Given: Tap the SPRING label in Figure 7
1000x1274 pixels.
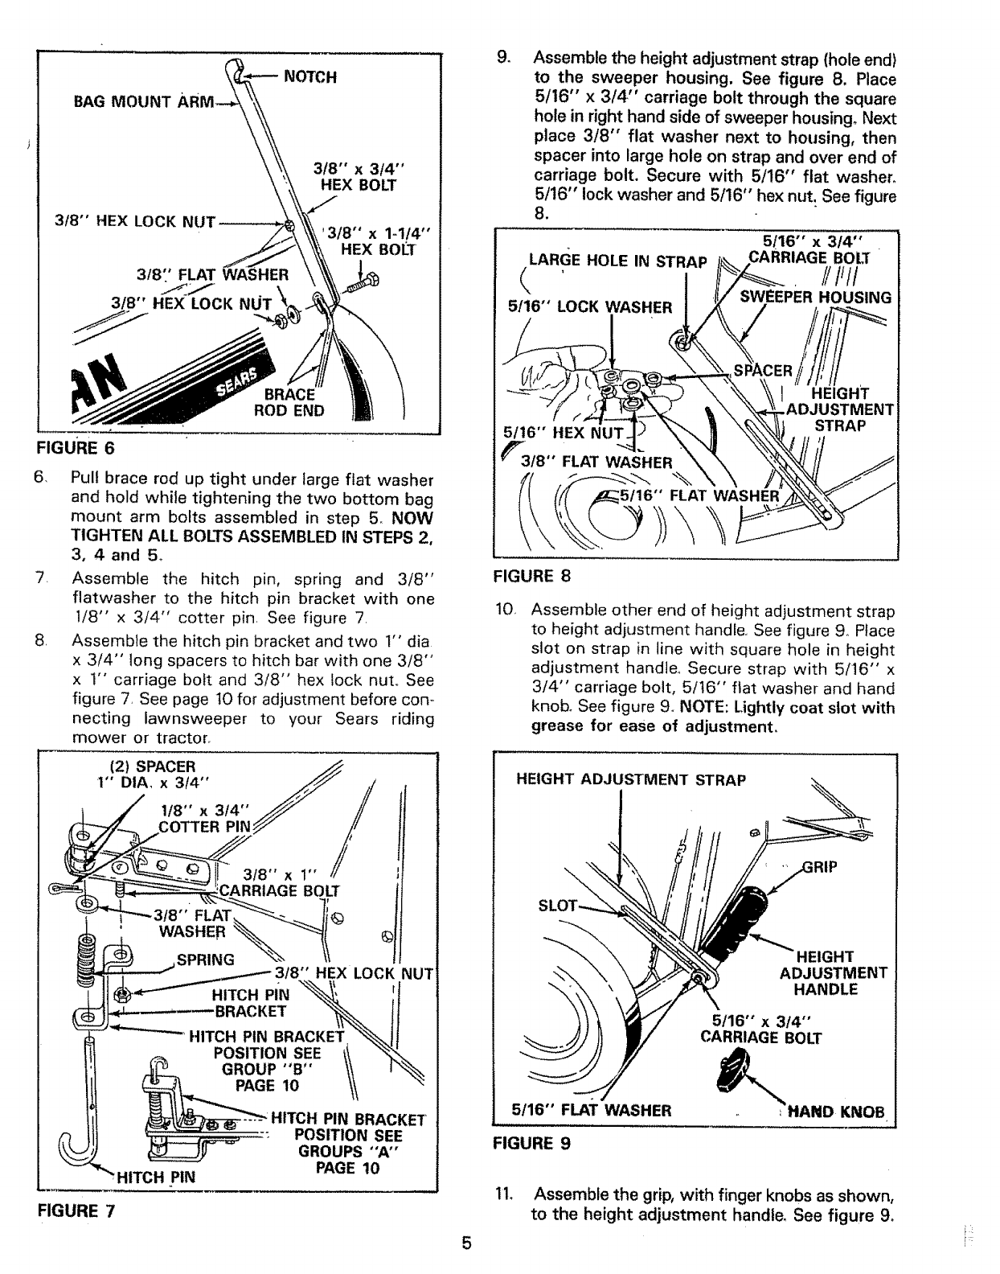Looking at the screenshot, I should tap(205, 960).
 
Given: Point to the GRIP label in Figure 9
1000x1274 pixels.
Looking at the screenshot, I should tap(821, 867).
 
